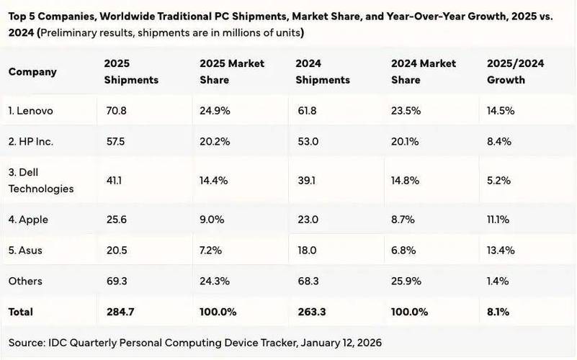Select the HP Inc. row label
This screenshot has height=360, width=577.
pyautogui.click(x=31, y=142)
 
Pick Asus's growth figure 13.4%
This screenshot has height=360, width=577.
pyautogui.click(x=499, y=251)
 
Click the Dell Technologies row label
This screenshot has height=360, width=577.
pyautogui.click(x=41, y=181)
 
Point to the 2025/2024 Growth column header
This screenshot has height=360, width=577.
pyautogui.click(x=516, y=71)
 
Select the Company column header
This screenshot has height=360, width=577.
pyautogui.click(x=32, y=71)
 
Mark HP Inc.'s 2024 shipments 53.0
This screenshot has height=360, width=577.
pyautogui.click(x=307, y=142)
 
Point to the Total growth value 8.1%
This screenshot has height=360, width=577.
pyautogui.click(x=498, y=312)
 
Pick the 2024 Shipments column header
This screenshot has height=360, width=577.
pyautogui.click(x=322, y=71)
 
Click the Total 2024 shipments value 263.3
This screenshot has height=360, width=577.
pyautogui.click(x=310, y=312)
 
